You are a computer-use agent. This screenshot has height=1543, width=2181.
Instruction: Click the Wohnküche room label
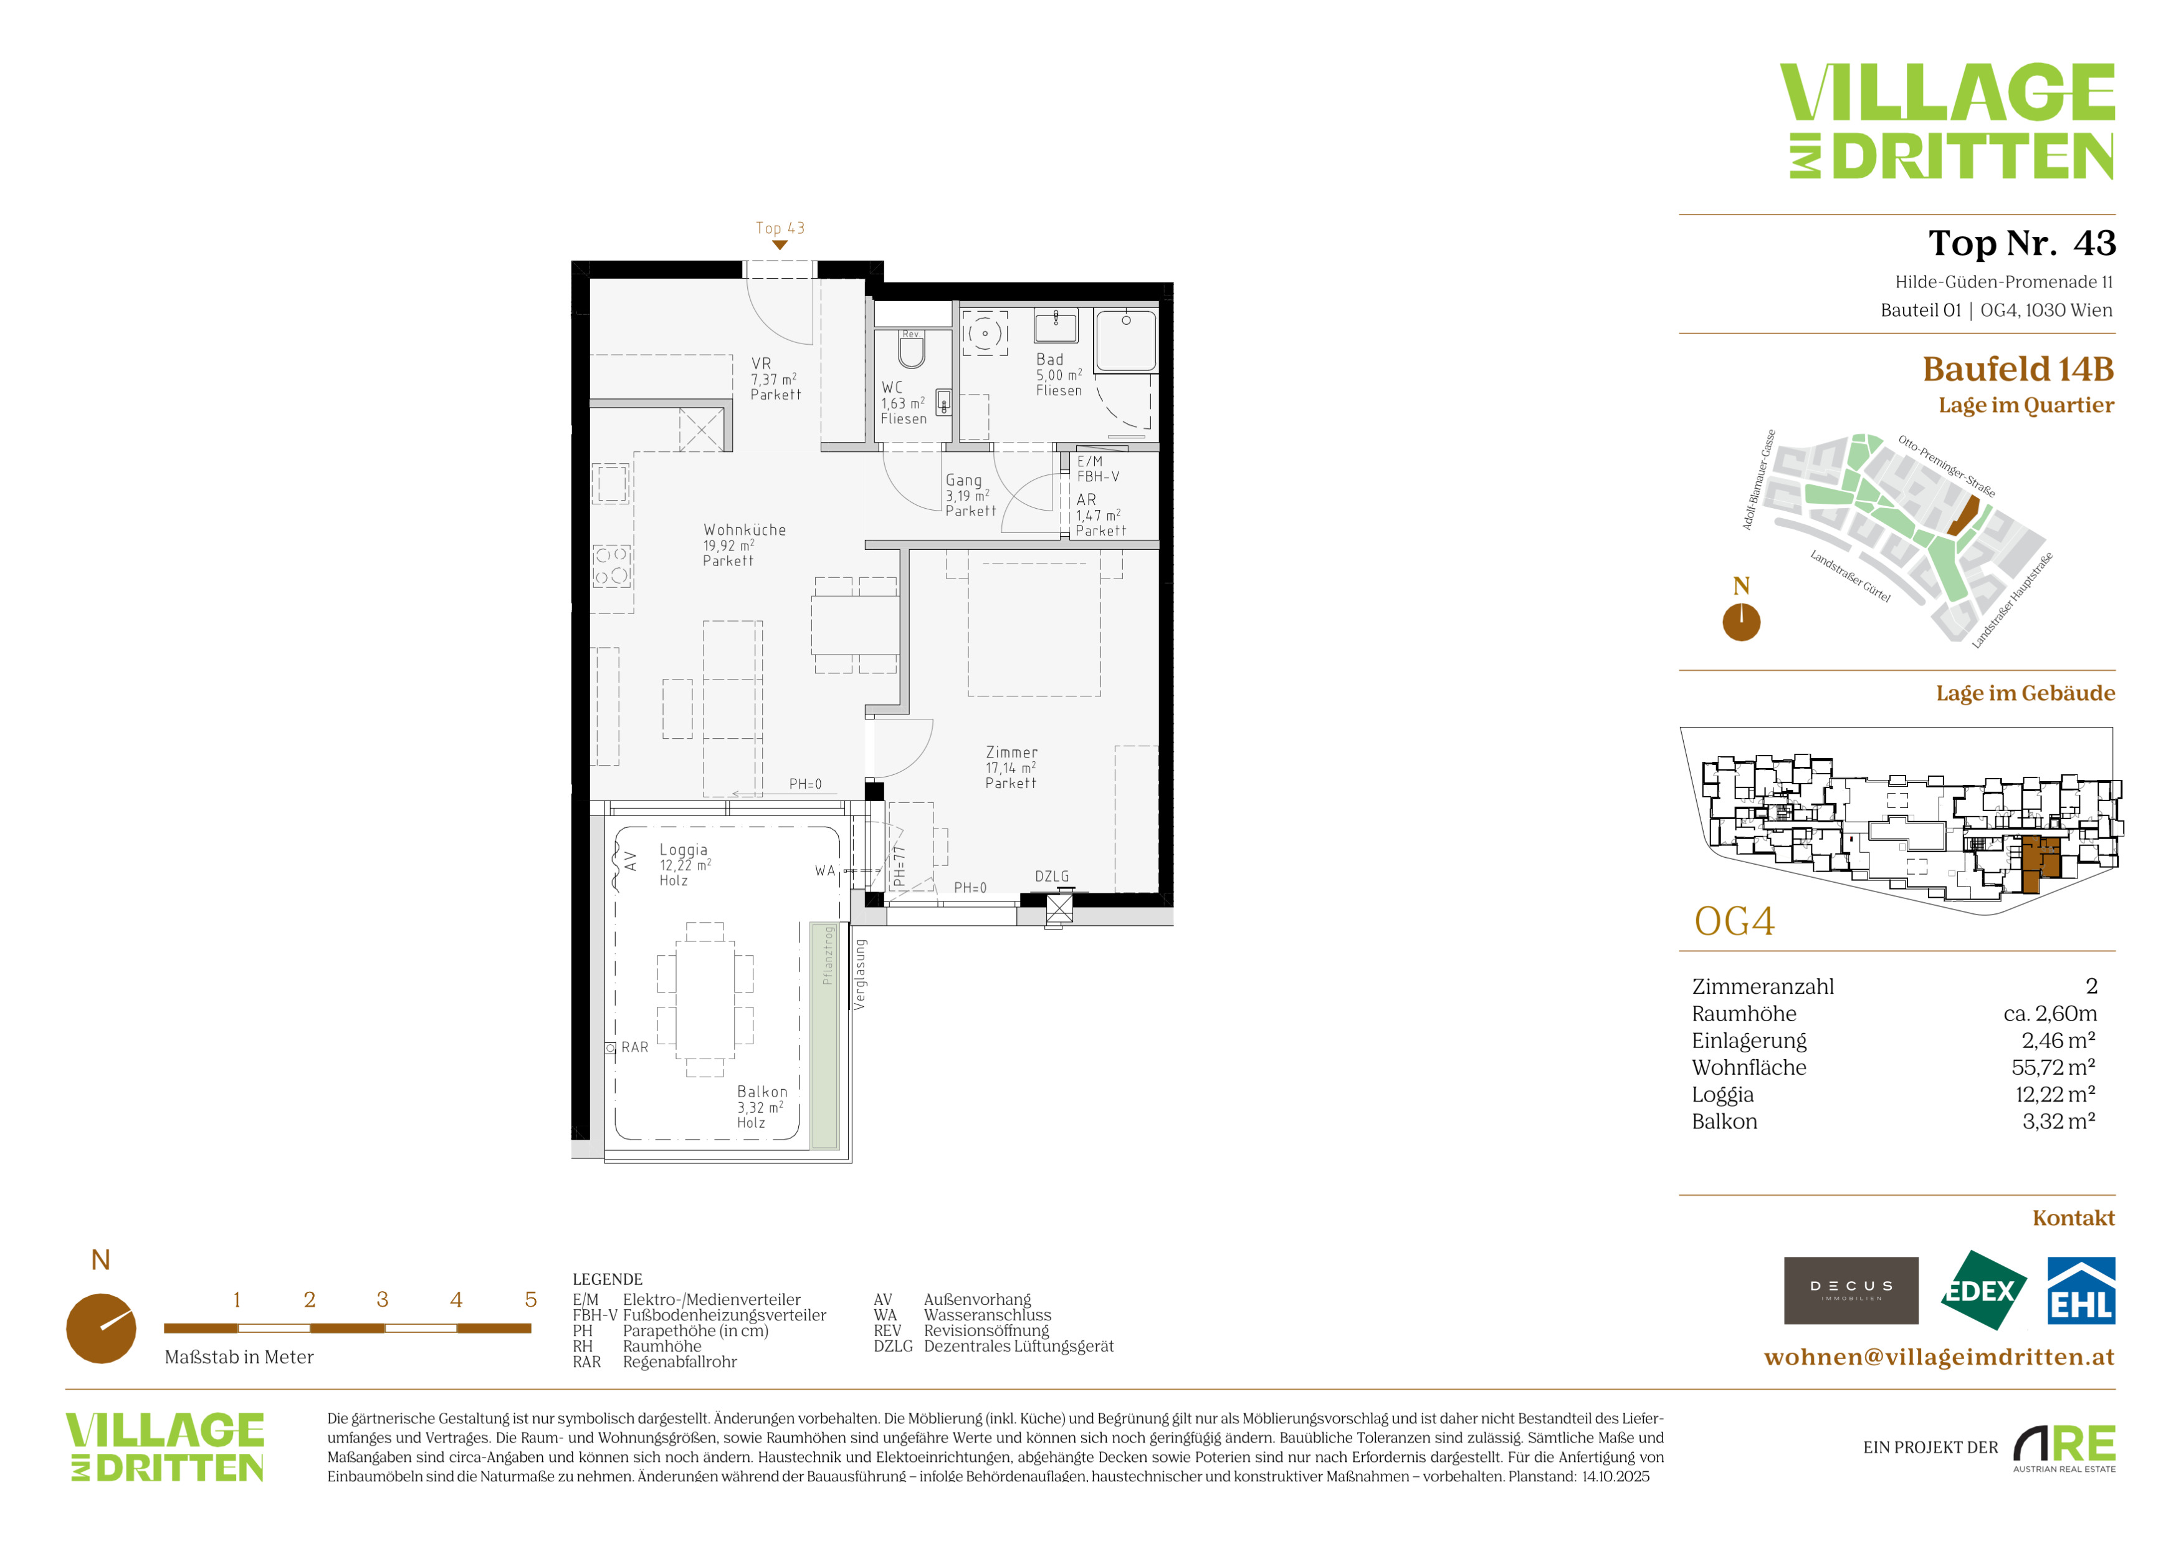[745, 530]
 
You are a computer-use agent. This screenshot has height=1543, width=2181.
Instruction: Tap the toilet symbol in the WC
[912, 350]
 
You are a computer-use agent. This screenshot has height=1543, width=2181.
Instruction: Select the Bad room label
[1049, 359]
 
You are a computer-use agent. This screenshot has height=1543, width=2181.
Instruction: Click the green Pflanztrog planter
[824, 1035]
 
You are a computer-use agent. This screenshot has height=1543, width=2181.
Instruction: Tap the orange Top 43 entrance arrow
[780, 245]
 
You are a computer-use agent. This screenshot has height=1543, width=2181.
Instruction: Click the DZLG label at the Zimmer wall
[1052, 876]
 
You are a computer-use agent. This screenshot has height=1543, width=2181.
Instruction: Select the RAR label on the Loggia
[634, 1047]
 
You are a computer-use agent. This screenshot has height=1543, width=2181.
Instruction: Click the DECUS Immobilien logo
[1851, 1291]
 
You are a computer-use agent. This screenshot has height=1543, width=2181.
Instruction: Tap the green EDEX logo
[1982, 1291]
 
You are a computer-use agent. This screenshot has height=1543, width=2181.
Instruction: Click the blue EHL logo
[2080, 1291]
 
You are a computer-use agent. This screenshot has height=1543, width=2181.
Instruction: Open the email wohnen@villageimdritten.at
[1939, 1357]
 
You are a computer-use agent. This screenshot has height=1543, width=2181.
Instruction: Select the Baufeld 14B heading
[2018, 368]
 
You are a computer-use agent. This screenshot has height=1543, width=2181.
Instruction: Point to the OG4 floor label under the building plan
[1735, 921]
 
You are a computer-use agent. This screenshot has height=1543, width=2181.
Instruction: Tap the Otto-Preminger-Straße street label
[1946, 466]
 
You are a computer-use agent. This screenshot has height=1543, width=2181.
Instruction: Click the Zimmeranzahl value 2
[2091, 986]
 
